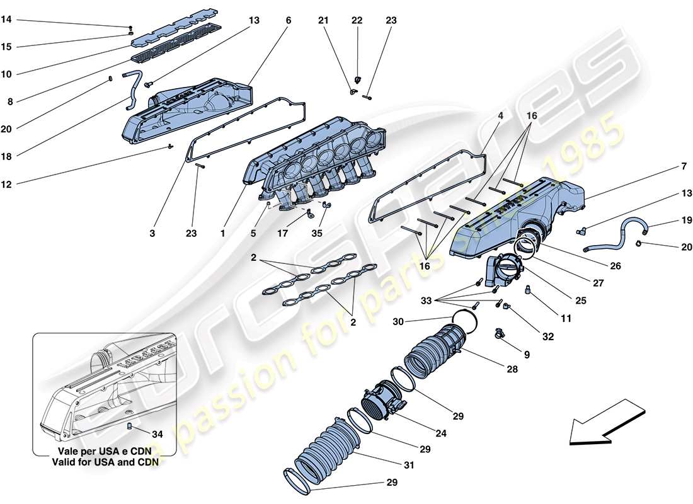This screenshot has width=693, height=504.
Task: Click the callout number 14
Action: [x=6, y=20]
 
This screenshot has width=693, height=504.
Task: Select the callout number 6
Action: [x=288, y=20]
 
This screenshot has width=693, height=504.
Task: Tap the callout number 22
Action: [x=357, y=20]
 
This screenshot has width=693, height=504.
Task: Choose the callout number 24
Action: [x=438, y=433]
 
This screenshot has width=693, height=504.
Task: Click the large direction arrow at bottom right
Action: [x=607, y=422]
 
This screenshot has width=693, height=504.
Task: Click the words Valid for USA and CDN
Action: [x=104, y=461]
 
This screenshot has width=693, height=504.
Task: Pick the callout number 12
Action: [x=6, y=185]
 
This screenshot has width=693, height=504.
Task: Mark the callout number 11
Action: [x=566, y=319]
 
